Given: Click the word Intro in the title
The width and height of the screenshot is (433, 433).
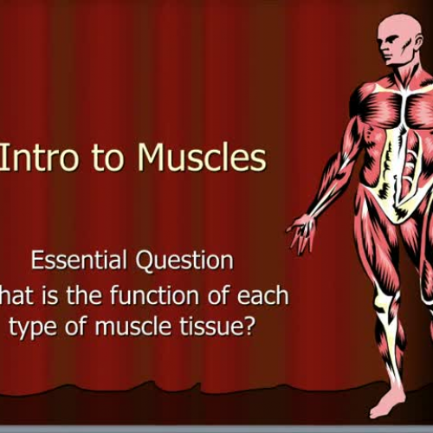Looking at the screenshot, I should coord(40,159).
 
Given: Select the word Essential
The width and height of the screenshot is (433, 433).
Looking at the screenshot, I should coord(81,260).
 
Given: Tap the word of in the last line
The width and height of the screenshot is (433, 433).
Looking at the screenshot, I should coord(74,329).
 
